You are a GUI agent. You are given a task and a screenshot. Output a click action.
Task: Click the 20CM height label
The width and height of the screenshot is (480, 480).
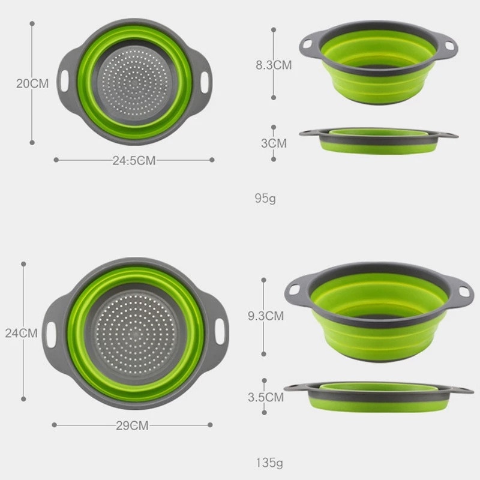pos(32,83)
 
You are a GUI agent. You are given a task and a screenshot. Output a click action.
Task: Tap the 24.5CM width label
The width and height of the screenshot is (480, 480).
pos(134,160)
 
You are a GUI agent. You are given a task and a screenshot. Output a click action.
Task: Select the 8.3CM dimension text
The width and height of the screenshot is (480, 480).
pos(274,65)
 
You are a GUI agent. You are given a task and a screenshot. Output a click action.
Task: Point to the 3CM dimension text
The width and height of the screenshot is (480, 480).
pos(274,143)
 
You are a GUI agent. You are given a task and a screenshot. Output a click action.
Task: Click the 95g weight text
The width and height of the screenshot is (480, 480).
pos(265,197)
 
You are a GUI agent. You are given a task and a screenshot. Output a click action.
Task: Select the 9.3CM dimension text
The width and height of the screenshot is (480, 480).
pos(265,315)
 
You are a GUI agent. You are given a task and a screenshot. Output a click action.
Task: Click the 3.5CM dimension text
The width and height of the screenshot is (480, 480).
pos(265,397)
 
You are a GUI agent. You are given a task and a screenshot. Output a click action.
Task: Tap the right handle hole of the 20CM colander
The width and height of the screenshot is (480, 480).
pos(205,80)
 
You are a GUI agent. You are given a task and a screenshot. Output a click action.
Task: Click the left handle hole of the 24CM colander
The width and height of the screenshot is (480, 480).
pos(51,332)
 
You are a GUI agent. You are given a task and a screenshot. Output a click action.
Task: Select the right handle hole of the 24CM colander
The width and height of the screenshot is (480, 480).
pos(221,332)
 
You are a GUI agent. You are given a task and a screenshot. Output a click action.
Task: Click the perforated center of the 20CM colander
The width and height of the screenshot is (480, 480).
pos(133,82)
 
